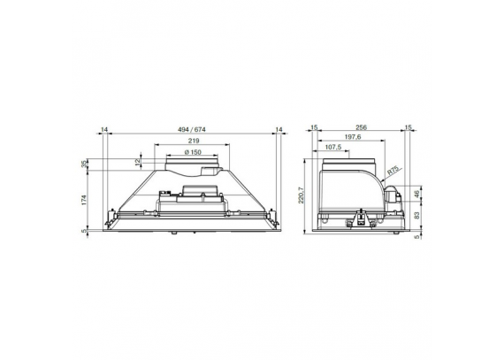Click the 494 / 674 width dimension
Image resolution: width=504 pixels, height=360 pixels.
click(x=192, y=129)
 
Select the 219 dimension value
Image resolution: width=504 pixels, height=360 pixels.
click(x=194, y=141)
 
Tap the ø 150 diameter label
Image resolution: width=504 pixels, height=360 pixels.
click(x=193, y=152)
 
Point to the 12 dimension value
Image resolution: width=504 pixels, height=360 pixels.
click(x=138, y=163)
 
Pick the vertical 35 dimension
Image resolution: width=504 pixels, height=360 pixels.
click(x=84, y=164)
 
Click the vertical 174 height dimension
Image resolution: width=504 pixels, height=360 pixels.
click(x=84, y=200)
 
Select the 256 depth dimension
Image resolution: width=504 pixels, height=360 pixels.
click(x=362, y=127)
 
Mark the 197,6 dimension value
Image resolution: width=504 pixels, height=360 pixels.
click(x=353, y=137)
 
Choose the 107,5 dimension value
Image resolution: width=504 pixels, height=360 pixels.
click(x=333, y=147)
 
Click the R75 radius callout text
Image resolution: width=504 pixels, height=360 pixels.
click(x=393, y=171)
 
